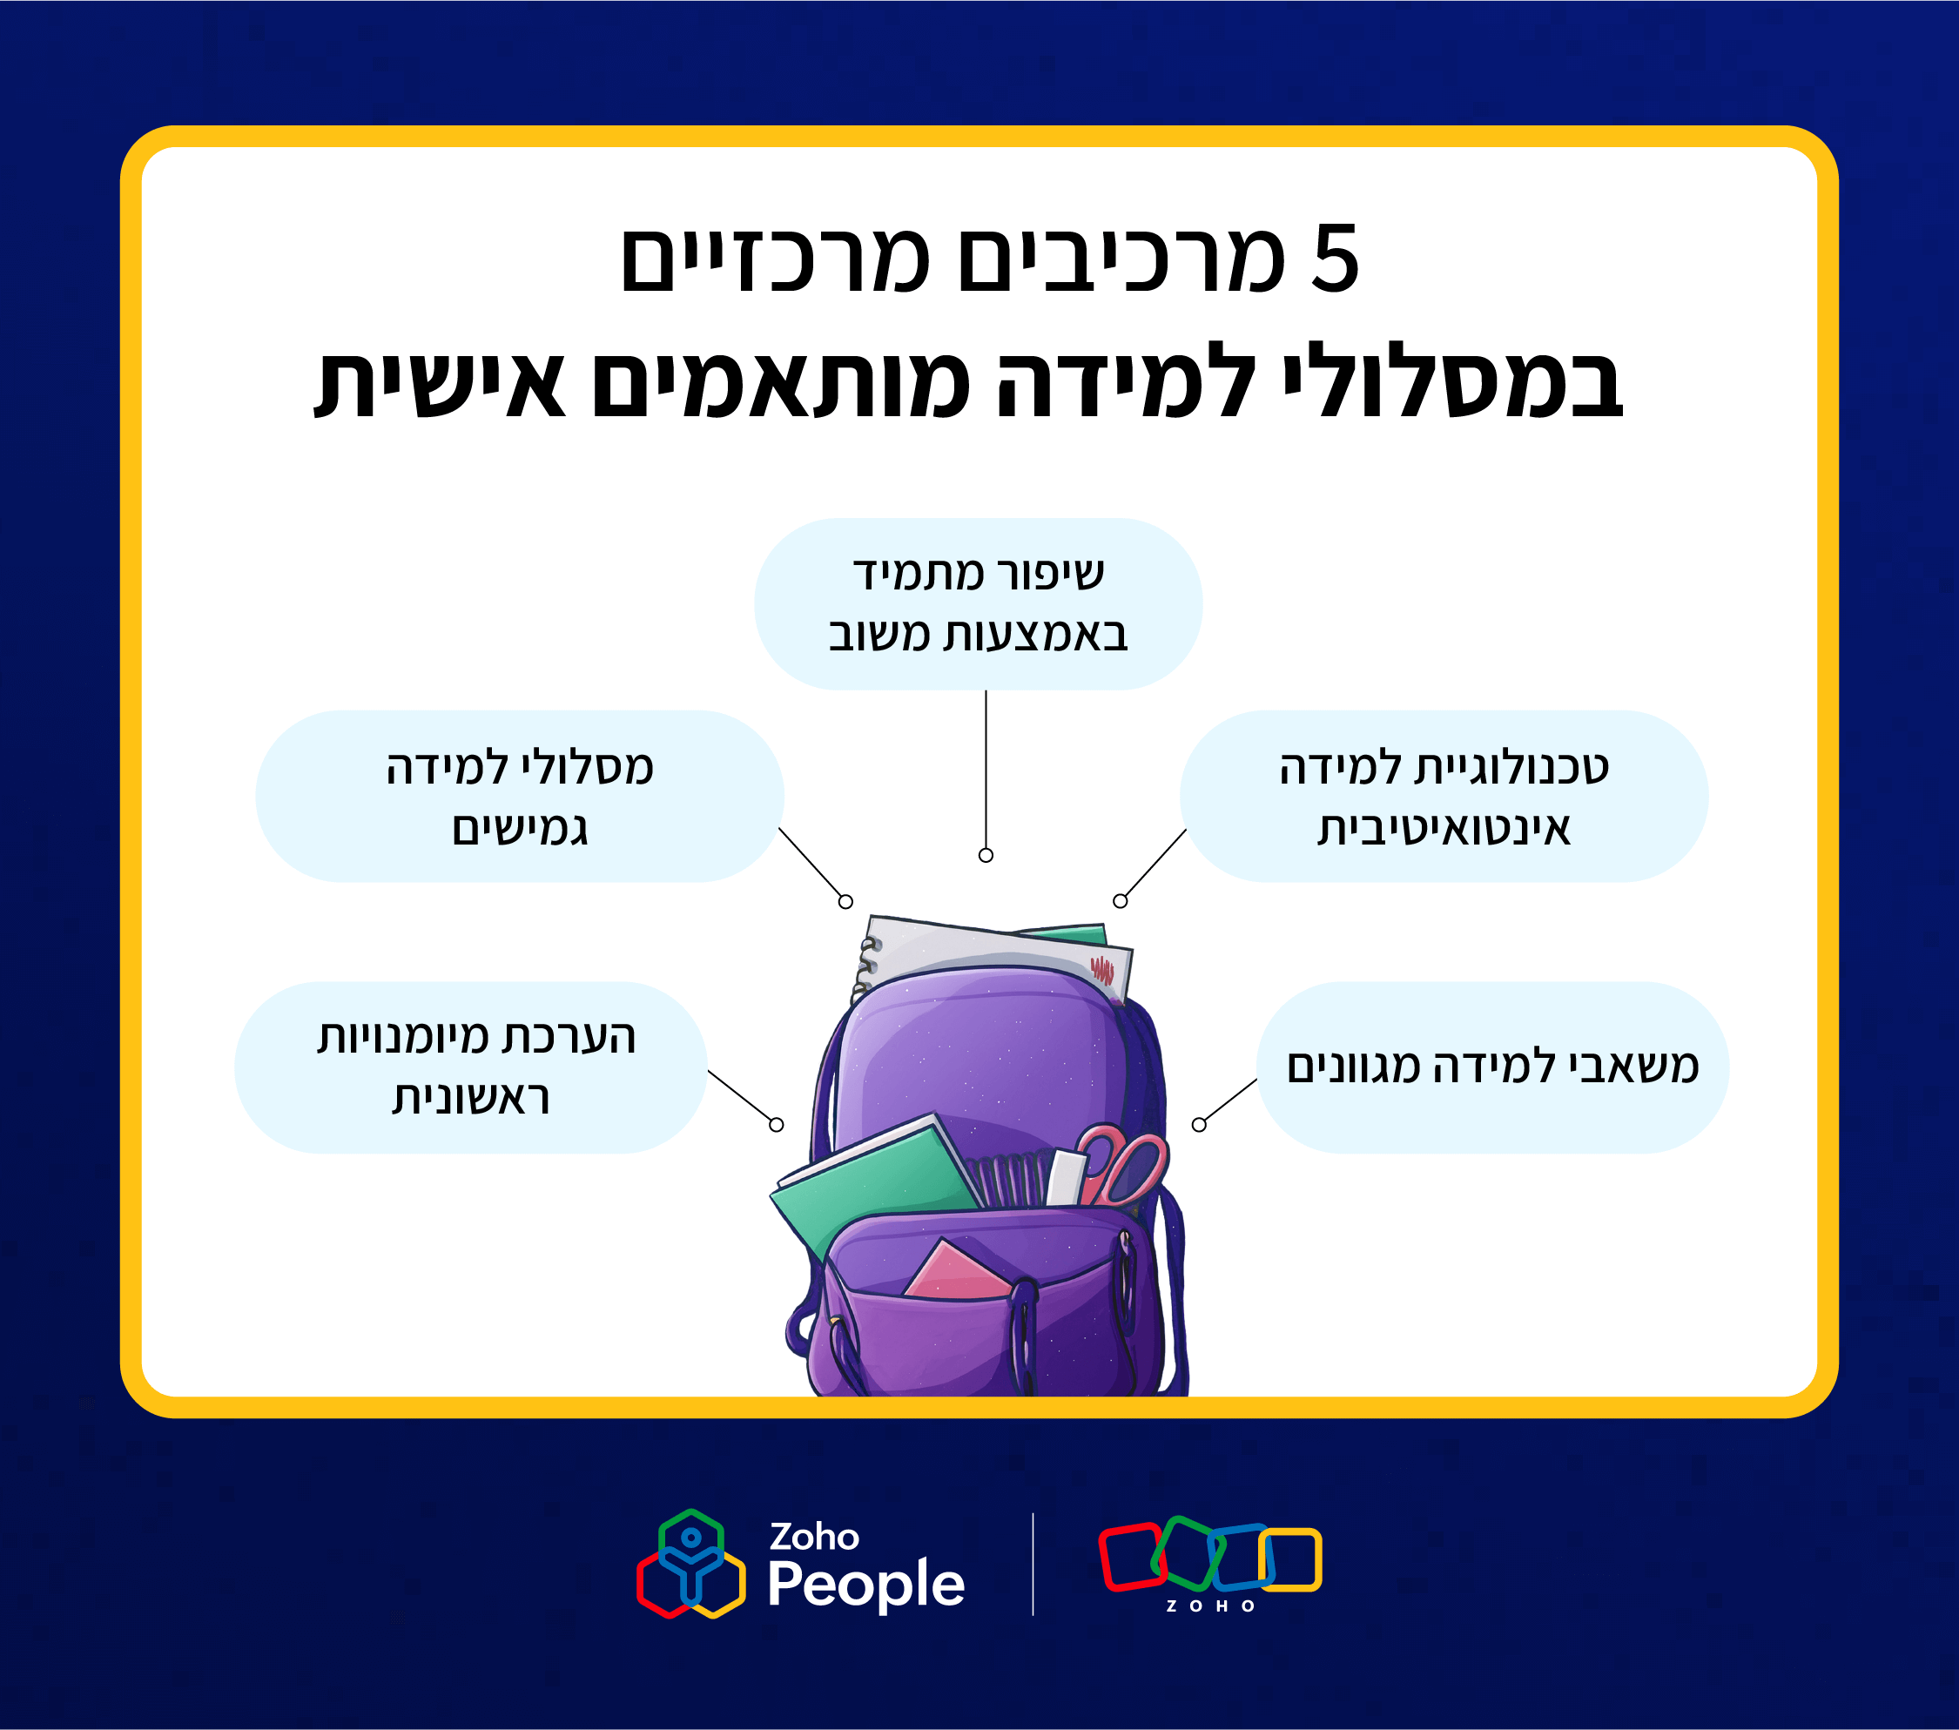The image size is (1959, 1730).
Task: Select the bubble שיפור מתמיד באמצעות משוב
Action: tap(979, 604)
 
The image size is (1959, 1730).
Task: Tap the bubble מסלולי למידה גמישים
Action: tap(520, 796)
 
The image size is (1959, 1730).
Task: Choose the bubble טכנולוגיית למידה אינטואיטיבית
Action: tap(1444, 796)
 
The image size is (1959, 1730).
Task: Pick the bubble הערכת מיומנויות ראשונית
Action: tap(470, 1067)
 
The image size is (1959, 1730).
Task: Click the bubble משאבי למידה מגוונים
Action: tap(1492, 1067)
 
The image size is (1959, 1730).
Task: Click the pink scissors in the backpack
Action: tap(1121, 1165)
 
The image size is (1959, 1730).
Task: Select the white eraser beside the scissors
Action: tap(1066, 1177)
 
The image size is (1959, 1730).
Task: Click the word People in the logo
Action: tap(865, 1584)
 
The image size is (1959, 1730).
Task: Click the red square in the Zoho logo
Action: tap(1131, 1557)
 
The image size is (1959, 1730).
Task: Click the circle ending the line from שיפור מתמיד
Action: tap(986, 855)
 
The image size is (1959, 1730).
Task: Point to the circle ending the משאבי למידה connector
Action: tap(1199, 1124)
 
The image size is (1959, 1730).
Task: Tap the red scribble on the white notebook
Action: tap(1102, 970)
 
